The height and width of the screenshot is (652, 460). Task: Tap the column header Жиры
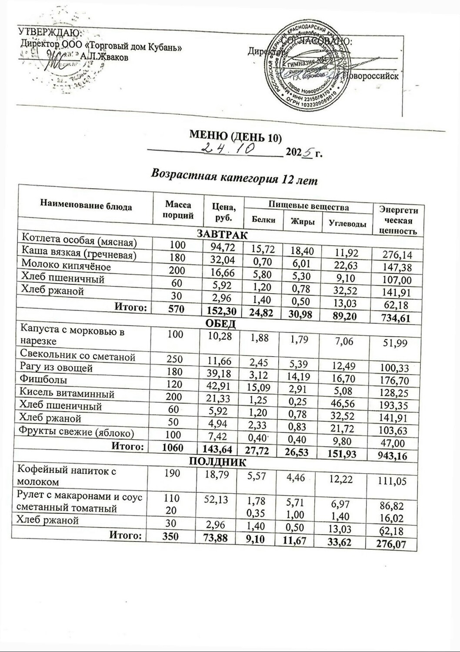pos(303,221)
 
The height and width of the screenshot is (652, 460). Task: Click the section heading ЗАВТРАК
pos(222,234)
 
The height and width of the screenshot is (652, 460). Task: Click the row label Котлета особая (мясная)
pos(79,240)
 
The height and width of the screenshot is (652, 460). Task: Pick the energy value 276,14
pos(397,255)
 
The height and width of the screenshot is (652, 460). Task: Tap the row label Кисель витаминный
pos(68,393)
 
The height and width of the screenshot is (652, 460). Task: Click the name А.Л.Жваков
pos(104,57)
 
